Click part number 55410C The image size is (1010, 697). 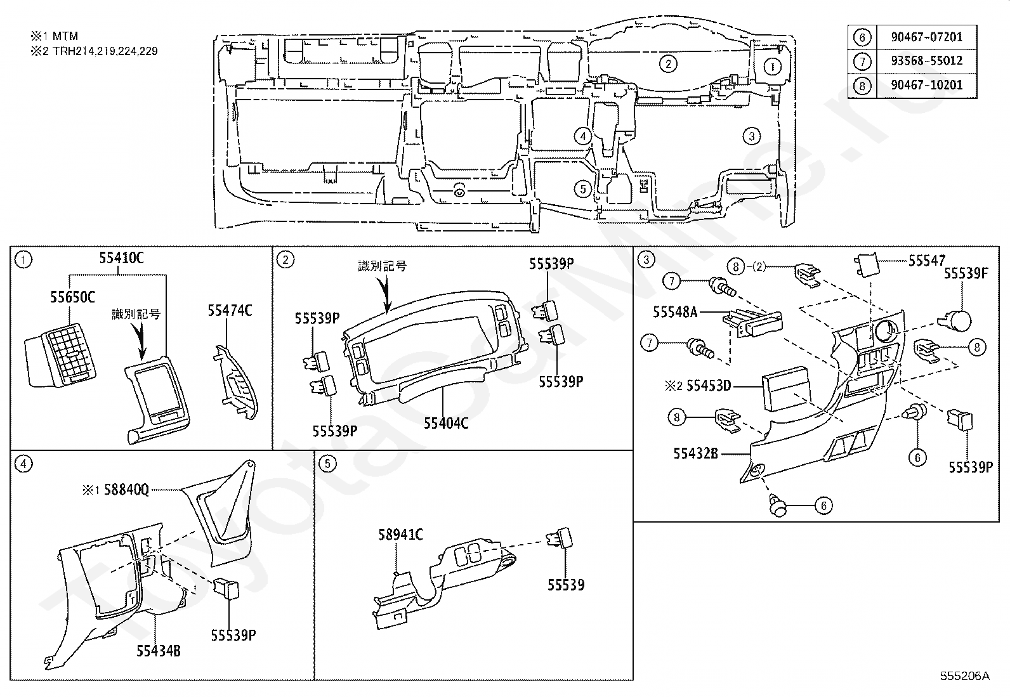pyautogui.click(x=121, y=258)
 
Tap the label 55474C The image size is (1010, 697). pyautogui.click(x=230, y=310)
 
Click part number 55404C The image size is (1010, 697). pyautogui.click(x=446, y=422)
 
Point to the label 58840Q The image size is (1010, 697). pyautogui.click(x=126, y=490)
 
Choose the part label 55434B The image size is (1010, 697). pyautogui.click(x=159, y=651)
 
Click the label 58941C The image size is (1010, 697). pyautogui.click(x=400, y=535)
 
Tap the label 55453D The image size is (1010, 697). pyautogui.click(x=709, y=386)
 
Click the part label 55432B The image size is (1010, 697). pyautogui.click(x=695, y=453)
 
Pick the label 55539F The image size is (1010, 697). pyautogui.click(x=966, y=274)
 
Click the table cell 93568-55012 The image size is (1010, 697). pyautogui.click(x=926, y=61)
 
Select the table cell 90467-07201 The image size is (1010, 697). pyautogui.click(x=926, y=37)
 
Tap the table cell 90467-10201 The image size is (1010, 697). pyautogui.click(x=926, y=85)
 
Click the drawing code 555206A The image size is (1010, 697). pyautogui.click(x=964, y=675)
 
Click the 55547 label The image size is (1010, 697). pyautogui.click(x=926, y=260)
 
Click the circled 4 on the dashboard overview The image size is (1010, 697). pyautogui.click(x=582, y=135)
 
